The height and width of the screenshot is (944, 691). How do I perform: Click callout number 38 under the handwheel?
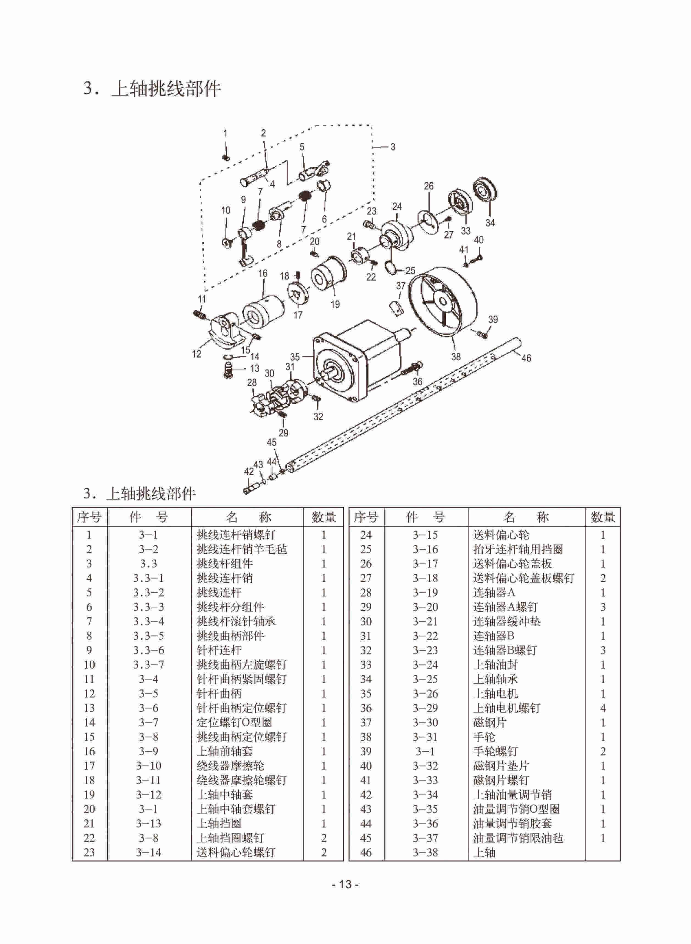coord(456,357)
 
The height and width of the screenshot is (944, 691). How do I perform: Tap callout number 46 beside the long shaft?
coord(526,358)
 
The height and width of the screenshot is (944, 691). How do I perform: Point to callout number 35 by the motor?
coord(295,357)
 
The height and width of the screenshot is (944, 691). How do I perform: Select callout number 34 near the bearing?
coord(490,223)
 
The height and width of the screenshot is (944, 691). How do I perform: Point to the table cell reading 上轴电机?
coord(496,694)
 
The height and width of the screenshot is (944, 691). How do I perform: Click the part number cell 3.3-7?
coord(149,665)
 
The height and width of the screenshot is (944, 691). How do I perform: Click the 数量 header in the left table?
coord(323,517)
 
